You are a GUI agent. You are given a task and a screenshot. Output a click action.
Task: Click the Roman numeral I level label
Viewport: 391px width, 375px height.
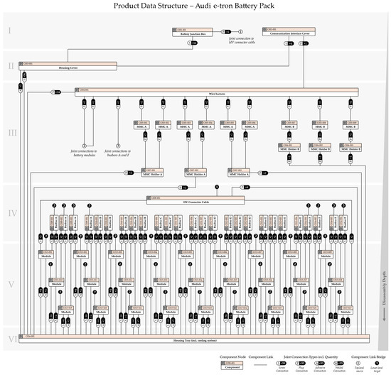coord(10,31)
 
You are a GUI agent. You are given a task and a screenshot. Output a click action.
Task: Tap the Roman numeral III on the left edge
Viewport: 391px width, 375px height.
coord(10,133)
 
